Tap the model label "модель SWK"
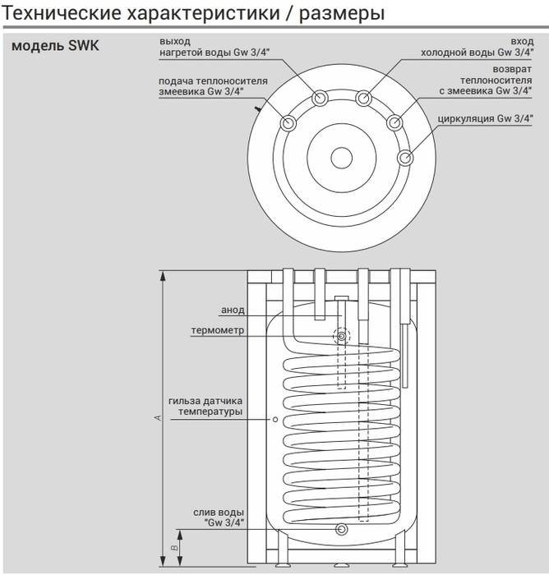click(x=56, y=46)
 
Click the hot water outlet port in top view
click(x=319, y=99)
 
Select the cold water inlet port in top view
click(x=364, y=99)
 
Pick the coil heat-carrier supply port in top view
click(x=289, y=124)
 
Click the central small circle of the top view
click(x=341, y=158)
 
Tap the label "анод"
click(x=233, y=310)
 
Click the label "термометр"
click(x=217, y=330)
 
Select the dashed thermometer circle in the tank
click(x=341, y=336)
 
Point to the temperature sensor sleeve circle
click(x=274, y=419)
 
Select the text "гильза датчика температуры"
click(x=205, y=406)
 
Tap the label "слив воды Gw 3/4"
click(x=218, y=517)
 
